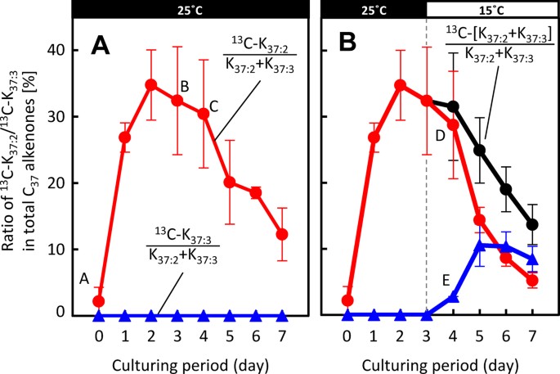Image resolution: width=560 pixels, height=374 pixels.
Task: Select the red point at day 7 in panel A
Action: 281,234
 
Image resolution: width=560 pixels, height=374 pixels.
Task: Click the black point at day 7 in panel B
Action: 532,224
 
